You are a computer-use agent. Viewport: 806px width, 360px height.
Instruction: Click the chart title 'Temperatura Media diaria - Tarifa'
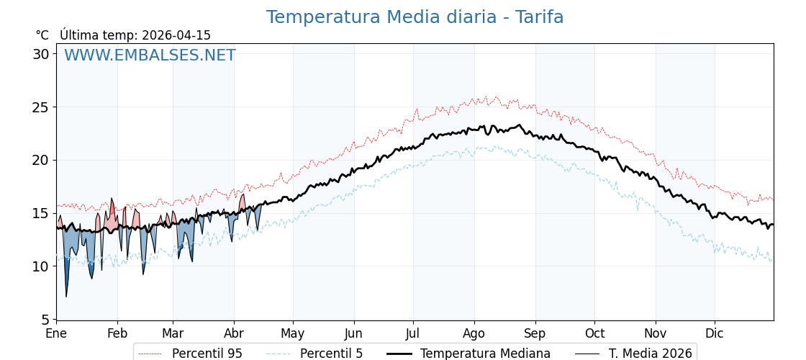[415, 17]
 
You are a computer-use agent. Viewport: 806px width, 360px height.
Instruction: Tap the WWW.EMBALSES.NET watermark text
[150, 55]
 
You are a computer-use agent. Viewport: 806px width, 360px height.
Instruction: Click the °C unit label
[42, 35]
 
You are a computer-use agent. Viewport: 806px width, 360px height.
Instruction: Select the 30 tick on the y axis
[41, 54]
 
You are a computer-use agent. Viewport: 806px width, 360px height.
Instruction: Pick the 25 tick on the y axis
[41, 107]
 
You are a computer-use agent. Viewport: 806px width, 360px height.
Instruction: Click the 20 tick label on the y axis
[41, 160]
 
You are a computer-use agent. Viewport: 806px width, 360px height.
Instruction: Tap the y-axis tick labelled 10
[41, 266]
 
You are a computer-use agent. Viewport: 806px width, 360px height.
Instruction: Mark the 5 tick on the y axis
[45, 319]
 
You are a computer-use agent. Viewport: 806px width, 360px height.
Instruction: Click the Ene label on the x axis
[56, 334]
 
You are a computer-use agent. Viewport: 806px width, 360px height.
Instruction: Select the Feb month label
[117, 334]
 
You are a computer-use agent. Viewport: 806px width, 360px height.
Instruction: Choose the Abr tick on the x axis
[234, 334]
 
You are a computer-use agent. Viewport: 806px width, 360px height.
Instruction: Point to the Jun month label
[353, 334]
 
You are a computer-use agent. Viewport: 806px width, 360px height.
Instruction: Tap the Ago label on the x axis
[474, 334]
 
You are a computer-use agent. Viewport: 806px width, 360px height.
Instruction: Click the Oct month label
[594, 334]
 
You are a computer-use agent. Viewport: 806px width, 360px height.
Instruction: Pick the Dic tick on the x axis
[715, 334]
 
